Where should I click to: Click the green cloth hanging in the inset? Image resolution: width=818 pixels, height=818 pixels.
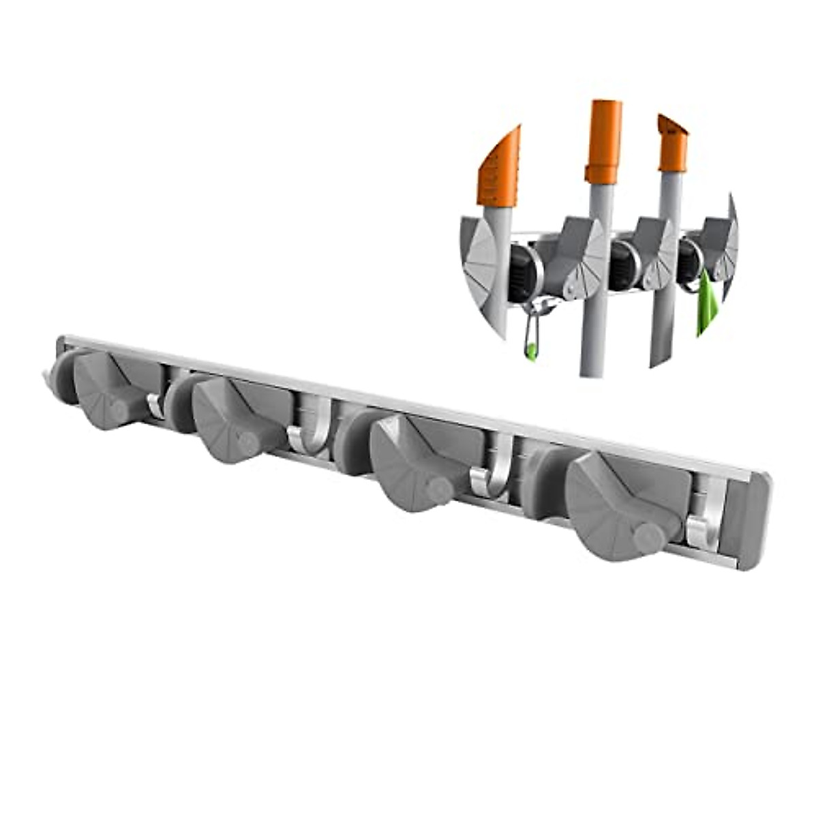(x=706, y=307)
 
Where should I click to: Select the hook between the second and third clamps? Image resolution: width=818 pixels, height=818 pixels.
(x=310, y=433)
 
